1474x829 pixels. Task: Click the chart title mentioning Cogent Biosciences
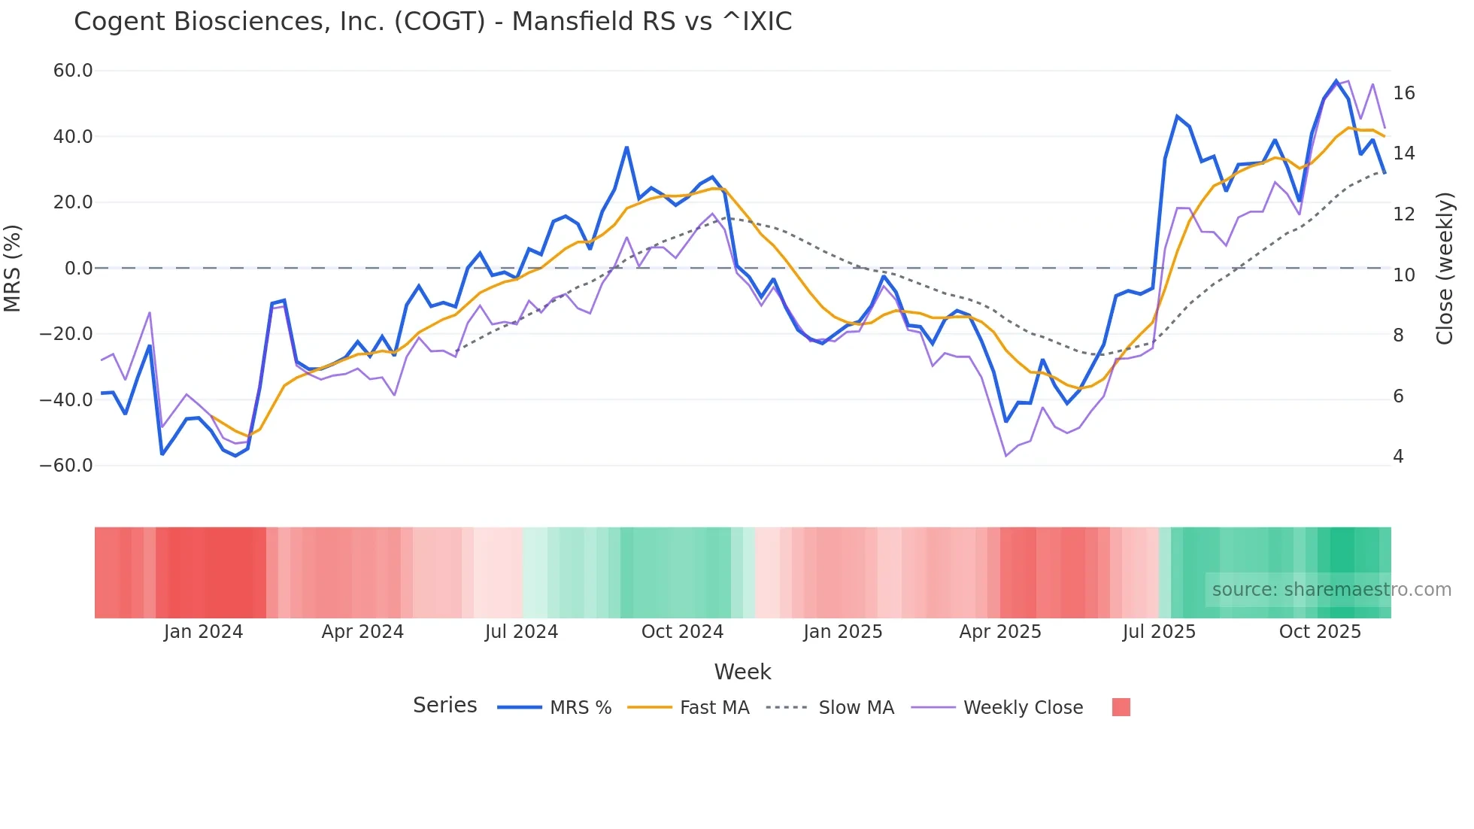(x=432, y=22)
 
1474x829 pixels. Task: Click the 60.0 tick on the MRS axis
(x=73, y=71)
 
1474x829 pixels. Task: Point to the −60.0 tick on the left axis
(x=66, y=466)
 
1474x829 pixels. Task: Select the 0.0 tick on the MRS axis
(x=78, y=269)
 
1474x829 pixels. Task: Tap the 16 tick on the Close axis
(x=1403, y=93)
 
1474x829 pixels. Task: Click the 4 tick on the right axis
(x=1398, y=457)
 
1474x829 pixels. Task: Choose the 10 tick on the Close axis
(x=1403, y=275)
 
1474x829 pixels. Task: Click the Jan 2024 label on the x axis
(x=203, y=632)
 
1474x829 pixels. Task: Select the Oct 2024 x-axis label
(x=682, y=632)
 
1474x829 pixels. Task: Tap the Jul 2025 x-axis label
(x=1159, y=632)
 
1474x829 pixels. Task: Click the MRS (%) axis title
(x=13, y=269)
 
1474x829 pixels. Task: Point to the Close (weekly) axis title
(x=1445, y=269)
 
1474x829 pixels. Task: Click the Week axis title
(x=742, y=672)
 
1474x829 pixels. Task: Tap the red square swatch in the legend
(x=1121, y=707)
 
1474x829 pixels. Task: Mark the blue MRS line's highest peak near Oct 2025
(x=1336, y=80)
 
